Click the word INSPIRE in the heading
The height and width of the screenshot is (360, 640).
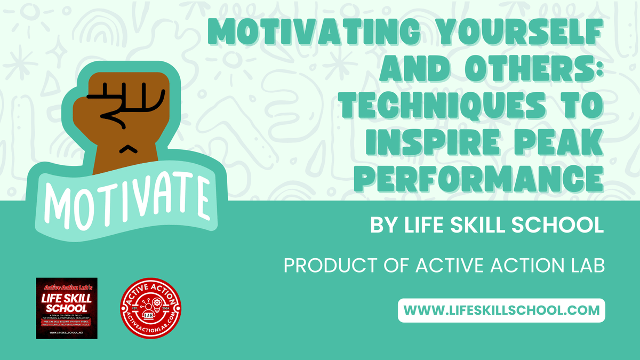click(x=426, y=143)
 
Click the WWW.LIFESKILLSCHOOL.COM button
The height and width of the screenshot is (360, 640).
click(x=501, y=310)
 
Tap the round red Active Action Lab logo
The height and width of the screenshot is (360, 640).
click(x=151, y=308)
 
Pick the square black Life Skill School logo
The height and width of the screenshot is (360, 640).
click(x=67, y=308)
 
